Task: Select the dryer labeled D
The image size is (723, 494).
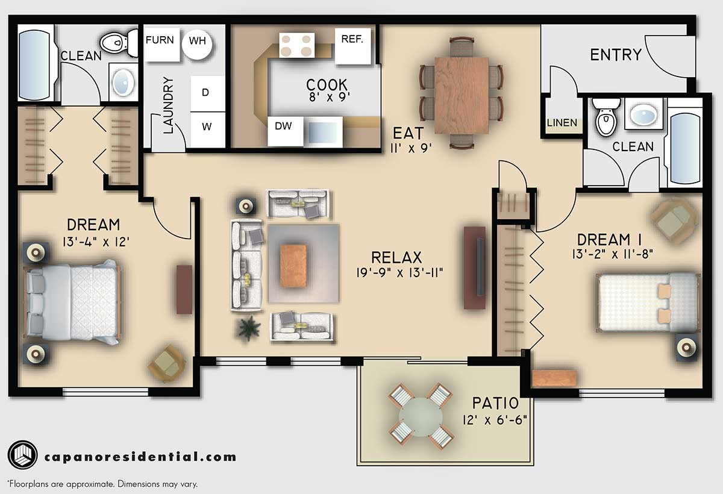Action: [x=205, y=93]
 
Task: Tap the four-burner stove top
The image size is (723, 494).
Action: [x=297, y=45]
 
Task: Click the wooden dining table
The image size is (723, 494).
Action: [x=462, y=95]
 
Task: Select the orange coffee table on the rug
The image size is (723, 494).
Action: [x=293, y=266]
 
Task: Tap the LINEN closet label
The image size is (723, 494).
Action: [x=562, y=123]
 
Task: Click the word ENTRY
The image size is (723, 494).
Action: [x=615, y=55]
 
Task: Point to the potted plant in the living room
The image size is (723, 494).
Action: [x=249, y=328]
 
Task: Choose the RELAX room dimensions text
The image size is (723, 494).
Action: [x=400, y=273]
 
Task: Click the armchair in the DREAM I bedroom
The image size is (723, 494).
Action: [x=674, y=220]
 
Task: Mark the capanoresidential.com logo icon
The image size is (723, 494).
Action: [x=23, y=455]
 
